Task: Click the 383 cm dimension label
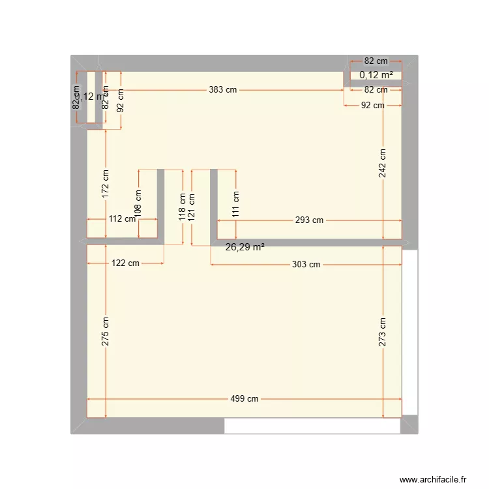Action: coord(223,90)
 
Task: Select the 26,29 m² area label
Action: coord(245,247)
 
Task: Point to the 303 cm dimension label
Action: coord(306,264)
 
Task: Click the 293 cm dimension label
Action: coord(309,220)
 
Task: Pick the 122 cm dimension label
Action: coord(125,263)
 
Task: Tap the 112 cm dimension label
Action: coord(122,219)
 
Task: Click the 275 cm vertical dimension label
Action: coord(106,331)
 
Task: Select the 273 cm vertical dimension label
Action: coord(383,331)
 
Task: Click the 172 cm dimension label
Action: coord(106,183)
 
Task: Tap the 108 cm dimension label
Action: coord(138,203)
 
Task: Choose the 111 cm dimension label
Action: coord(236,203)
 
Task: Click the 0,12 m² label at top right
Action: coord(376,75)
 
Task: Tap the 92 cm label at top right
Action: coord(374,105)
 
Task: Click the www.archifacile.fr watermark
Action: coord(434,479)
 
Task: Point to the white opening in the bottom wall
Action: coord(312,426)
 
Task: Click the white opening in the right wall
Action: coord(409,333)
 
